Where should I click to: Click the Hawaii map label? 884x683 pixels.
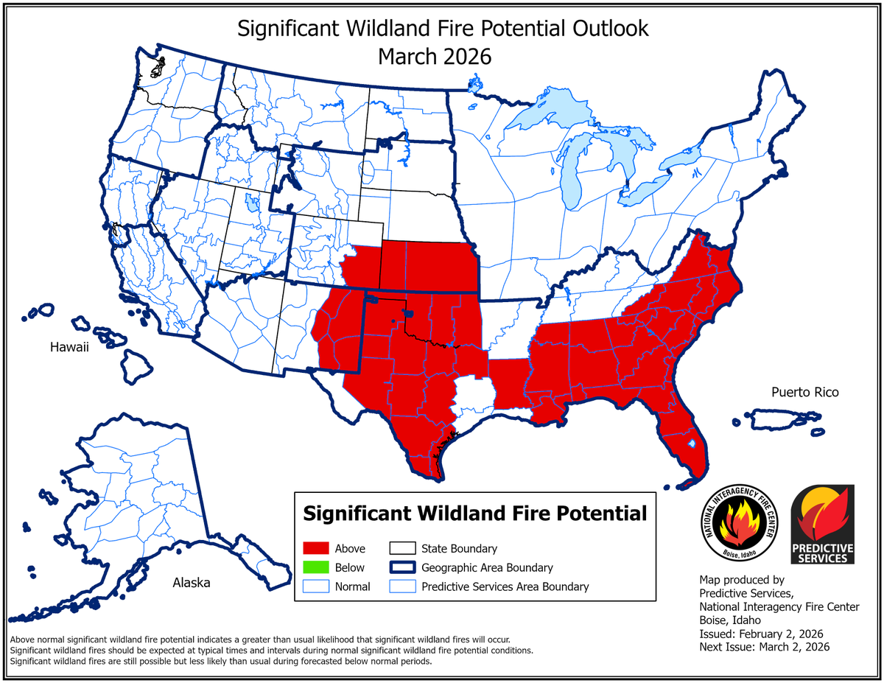(x=69, y=347)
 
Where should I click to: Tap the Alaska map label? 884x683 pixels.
(x=191, y=583)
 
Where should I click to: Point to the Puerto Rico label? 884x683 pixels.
(x=804, y=393)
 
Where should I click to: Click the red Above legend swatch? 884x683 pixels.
(x=315, y=549)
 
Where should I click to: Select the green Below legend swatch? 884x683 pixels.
(x=315, y=568)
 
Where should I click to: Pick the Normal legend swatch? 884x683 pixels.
(x=315, y=587)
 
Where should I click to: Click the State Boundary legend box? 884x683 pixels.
(x=401, y=549)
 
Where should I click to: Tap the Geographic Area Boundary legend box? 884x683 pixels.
(x=401, y=568)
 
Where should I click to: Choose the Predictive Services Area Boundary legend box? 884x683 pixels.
(x=401, y=587)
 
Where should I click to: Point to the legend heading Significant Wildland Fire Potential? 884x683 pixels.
(x=475, y=513)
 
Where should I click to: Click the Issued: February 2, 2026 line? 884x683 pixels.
(x=760, y=634)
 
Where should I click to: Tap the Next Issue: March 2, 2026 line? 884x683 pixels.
(x=764, y=647)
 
